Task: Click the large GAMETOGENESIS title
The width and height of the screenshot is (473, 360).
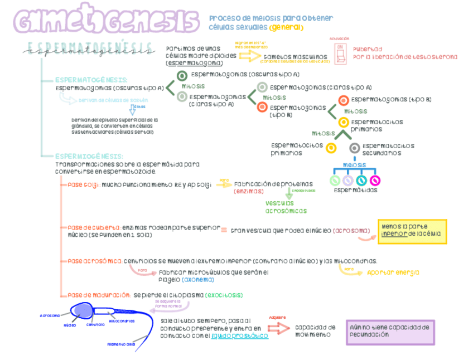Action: tap(106, 22)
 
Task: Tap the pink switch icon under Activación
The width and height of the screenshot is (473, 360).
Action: tap(340, 54)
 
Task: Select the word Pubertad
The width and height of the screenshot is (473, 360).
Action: tap(368, 49)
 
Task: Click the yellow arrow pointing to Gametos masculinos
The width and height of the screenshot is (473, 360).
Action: tap(249, 56)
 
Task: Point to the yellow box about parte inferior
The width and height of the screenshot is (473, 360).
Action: tap(412, 231)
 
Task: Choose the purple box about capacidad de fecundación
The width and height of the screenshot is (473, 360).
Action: tap(390, 332)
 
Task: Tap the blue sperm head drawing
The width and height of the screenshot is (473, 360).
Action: tap(84, 311)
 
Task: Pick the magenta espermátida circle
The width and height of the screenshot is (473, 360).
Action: tap(375, 181)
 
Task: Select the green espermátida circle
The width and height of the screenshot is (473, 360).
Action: tap(335, 181)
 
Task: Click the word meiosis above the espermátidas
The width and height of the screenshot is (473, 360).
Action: tap(354, 165)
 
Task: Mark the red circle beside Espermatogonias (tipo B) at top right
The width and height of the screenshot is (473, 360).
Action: tap(344, 100)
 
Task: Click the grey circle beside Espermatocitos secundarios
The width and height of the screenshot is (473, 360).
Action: tap(354, 148)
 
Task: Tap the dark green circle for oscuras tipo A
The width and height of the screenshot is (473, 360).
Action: tap(182, 76)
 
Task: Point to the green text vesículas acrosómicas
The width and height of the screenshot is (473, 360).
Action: tap(286, 207)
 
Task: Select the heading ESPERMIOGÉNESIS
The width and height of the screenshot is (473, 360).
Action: tap(89, 157)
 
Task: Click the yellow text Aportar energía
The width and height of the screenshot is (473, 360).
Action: tap(393, 273)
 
